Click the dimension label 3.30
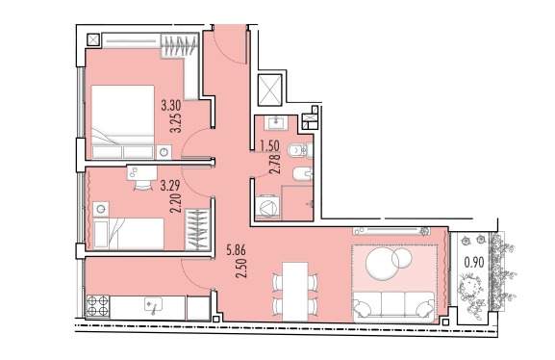171,105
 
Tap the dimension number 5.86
236,250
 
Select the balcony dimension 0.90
474,262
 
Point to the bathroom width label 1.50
269,145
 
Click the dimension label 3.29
170,186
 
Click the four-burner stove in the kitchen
98,306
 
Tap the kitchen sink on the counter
154,305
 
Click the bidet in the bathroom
303,174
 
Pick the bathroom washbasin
278,123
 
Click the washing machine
266,207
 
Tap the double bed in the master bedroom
122,122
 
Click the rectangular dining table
295,292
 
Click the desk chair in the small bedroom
142,185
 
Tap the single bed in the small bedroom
129,234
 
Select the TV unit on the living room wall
391,231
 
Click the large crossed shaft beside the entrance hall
270,90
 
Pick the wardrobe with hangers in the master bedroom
179,45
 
